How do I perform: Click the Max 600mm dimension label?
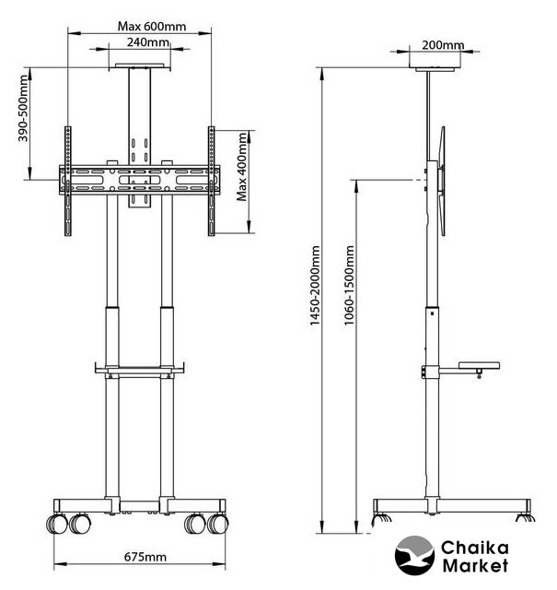(x=152, y=27)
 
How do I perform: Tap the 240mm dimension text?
(x=147, y=42)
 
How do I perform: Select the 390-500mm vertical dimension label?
(x=23, y=109)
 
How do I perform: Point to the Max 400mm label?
(x=241, y=166)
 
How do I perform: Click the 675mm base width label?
(x=145, y=557)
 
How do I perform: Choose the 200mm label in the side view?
(x=443, y=45)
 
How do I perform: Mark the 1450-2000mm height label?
(x=314, y=286)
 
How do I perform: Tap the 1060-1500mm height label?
(x=349, y=285)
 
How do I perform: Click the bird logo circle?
(x=414, y=556)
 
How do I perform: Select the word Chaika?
(x=475, y=548)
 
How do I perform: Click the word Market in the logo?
(x=475, y=565)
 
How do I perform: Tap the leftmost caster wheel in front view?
(x=57, y=524)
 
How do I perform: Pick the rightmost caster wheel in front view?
(x=218, y=524)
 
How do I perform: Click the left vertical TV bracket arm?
(x=67, y=181)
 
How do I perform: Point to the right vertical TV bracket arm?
(x=211, y=181)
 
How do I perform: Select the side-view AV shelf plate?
(x=479, y=365)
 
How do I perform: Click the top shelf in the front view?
(x=140, y=66)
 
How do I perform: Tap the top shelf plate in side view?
(x=435, y=69)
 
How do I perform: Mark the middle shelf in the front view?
(x=140, y=369)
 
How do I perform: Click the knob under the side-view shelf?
(x=479, y=374)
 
